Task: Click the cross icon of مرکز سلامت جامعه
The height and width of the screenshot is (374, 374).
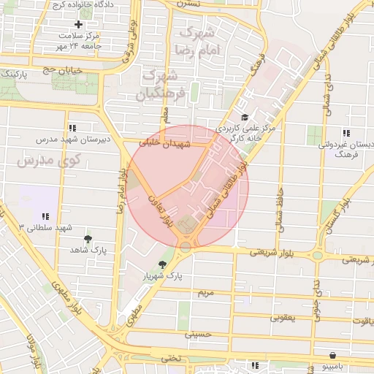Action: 78,24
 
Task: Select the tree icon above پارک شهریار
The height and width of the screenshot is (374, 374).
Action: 162,264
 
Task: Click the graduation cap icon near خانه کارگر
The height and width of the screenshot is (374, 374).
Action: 244,117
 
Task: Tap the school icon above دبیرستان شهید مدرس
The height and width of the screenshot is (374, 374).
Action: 72,127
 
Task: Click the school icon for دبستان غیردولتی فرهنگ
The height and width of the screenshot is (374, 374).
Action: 346,133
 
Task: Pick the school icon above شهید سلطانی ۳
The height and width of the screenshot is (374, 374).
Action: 46,216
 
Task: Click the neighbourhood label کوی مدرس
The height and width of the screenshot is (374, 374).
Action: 30,160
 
